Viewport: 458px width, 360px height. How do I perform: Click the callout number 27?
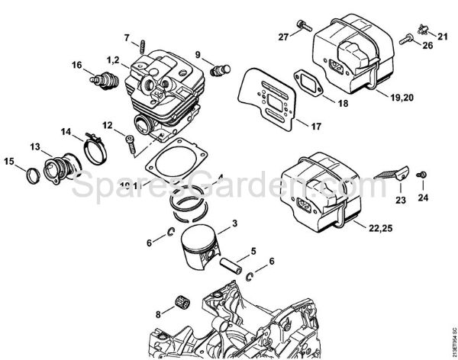coord(283,36)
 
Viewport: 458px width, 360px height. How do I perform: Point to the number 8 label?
coord(158,313)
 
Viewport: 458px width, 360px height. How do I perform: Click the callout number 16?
coord(77,65)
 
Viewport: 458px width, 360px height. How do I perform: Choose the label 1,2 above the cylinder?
coord(113,59)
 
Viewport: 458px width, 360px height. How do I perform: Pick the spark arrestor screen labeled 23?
coord(394,172)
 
